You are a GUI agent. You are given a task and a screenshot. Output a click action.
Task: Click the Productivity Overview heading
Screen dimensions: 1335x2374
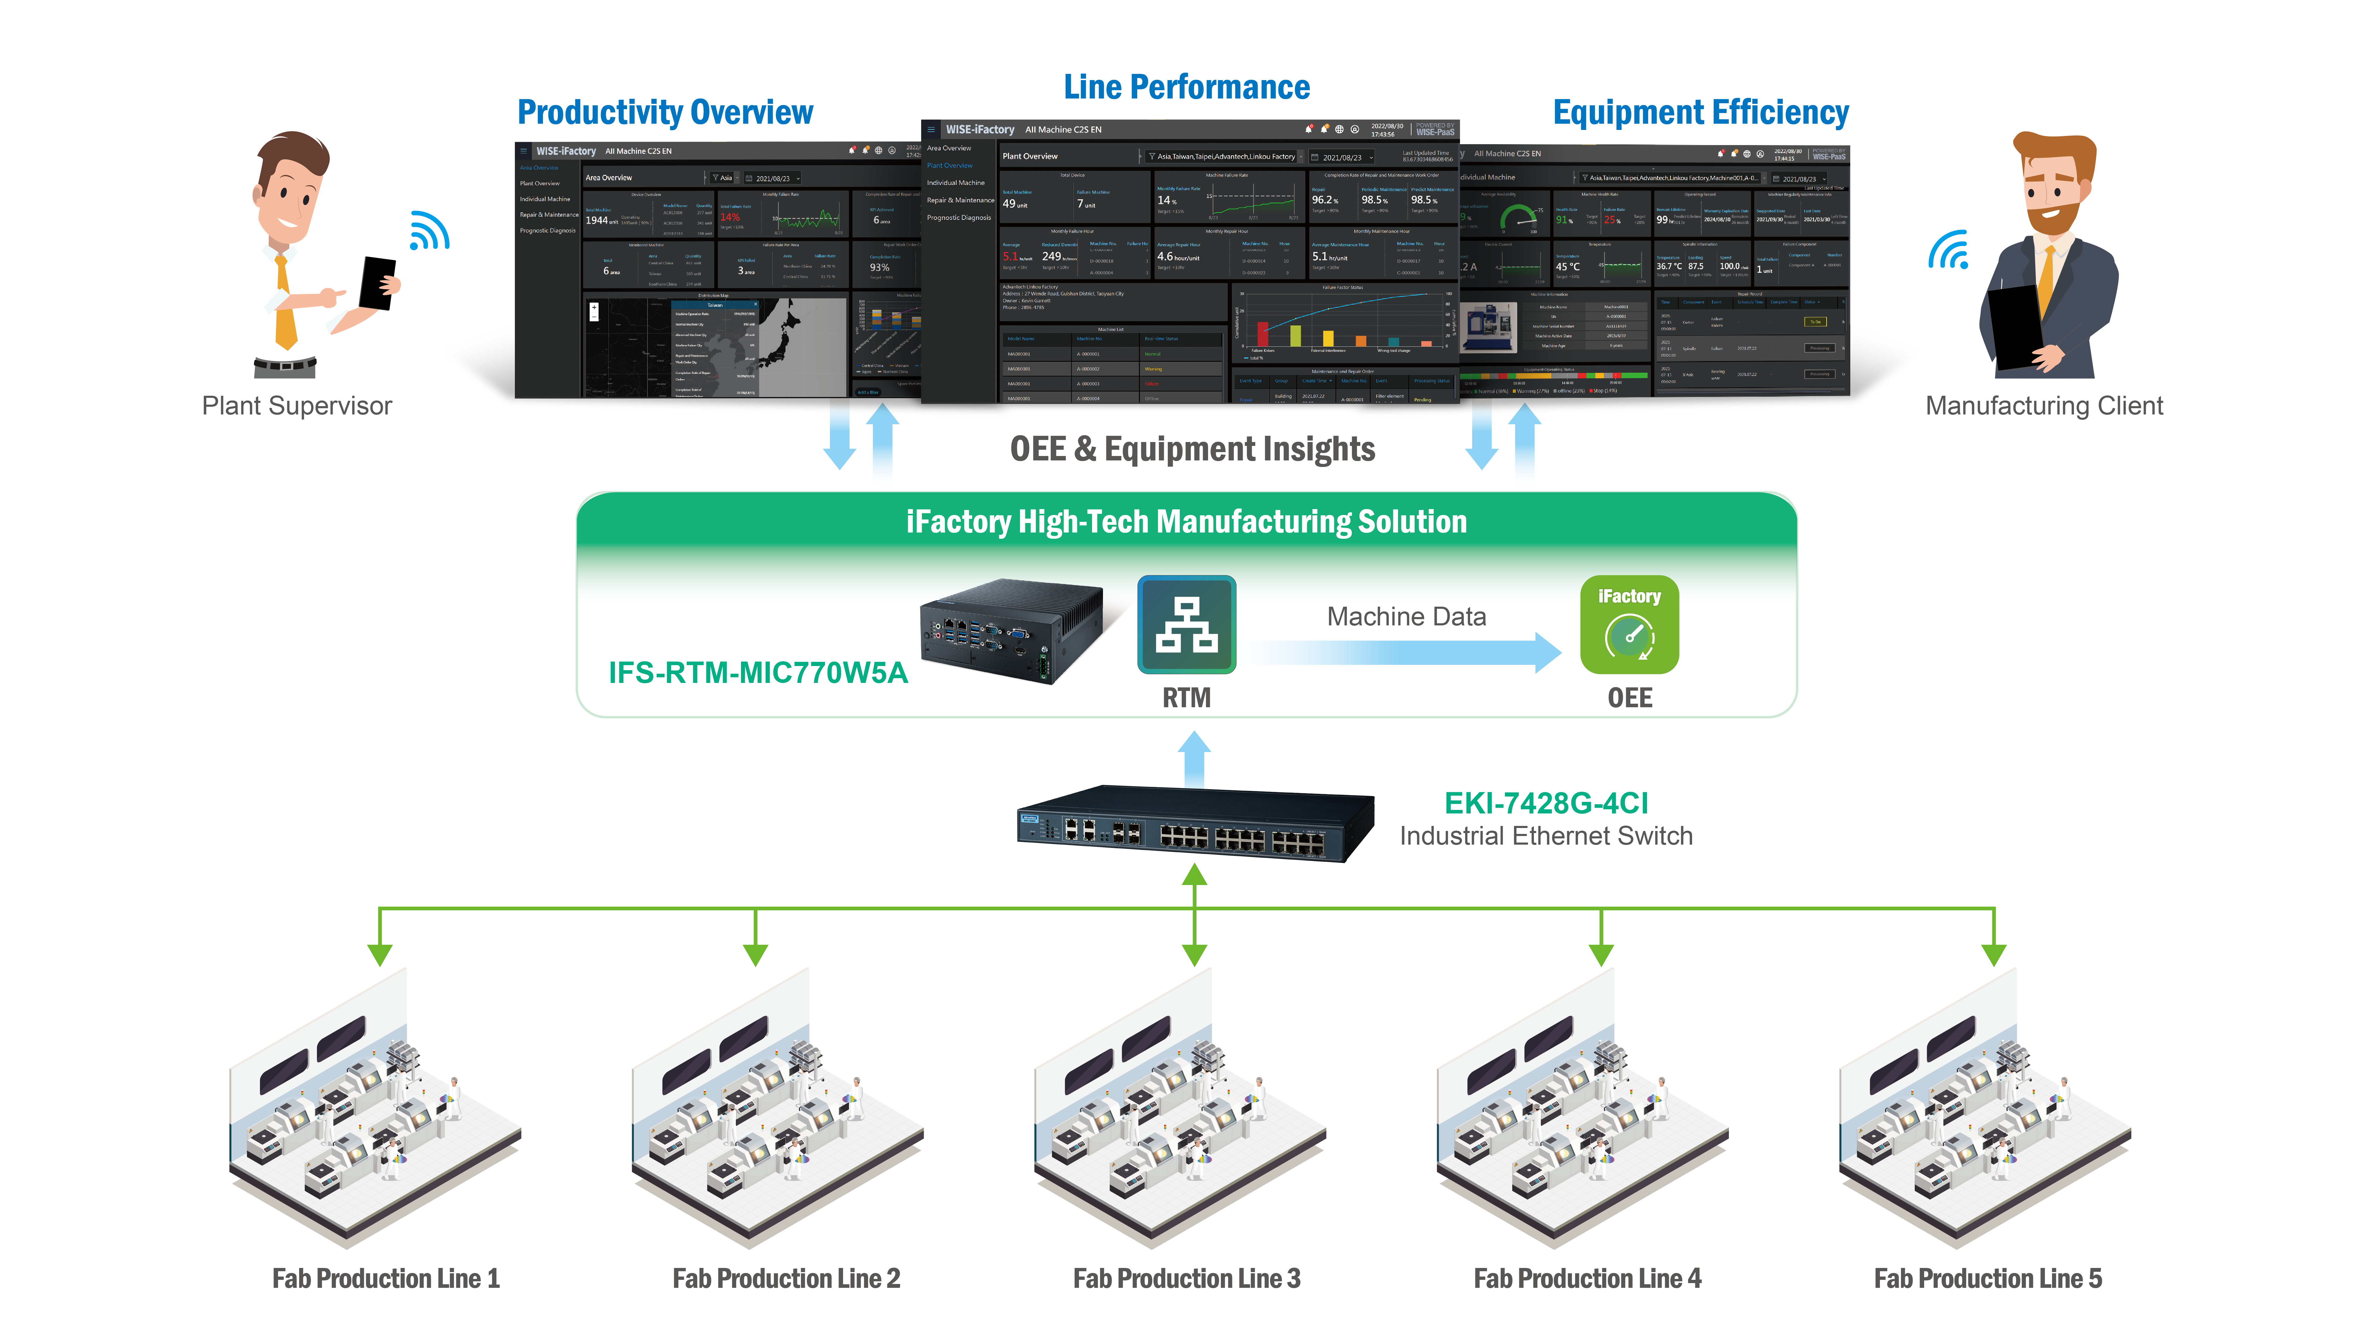(x=664, y=112)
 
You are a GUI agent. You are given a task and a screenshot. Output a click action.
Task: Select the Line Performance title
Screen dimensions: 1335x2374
(x=1186, y=88)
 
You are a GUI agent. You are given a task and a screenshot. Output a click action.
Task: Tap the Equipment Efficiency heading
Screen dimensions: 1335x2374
(x=1700, y=112)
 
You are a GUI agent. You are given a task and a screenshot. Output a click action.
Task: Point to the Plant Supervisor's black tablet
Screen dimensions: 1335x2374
(x=377, y=283)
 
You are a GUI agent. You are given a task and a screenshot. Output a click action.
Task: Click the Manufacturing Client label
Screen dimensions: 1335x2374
(x=2043, y=406)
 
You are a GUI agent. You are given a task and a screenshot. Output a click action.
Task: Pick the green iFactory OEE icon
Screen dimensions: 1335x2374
(x=1629, y=626)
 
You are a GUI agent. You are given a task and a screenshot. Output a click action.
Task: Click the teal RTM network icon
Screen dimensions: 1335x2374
(x=1186, y=626)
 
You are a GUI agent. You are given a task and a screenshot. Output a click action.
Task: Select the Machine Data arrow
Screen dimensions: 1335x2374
(x=1405, y=652)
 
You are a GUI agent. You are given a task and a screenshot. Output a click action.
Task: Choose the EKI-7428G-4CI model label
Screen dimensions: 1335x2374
(x=1545, y=803)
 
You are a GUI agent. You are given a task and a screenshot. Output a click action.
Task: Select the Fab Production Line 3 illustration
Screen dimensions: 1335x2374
(x=1180, y=1115)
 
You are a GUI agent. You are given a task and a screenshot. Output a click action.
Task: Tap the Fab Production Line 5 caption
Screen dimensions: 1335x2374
(x=1988, y=1279)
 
